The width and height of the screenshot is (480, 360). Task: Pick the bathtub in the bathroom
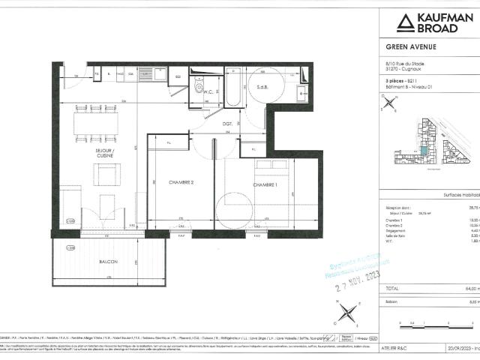coord(232,88)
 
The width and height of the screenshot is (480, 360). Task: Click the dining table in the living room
coord(95,123)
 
